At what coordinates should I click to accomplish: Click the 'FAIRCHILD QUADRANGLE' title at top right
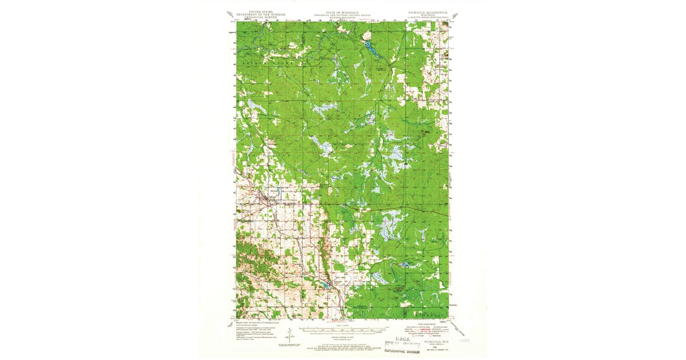pyautogui.click(x=425, y=11)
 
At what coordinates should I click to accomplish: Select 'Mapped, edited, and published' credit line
pyautogui.click(x=257, y=322)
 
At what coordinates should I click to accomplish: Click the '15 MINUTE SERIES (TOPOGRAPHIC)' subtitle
pyautogui.click(x=425, y=17)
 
